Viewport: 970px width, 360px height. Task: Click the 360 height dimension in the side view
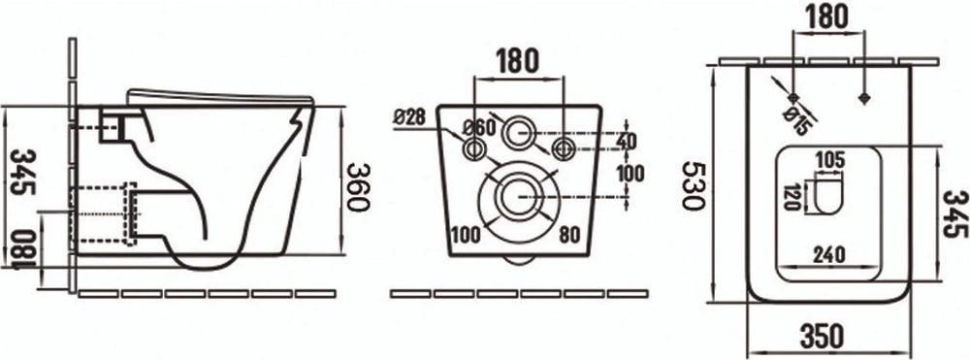click(x=358, y=187)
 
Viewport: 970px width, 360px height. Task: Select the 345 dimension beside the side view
click(x=23, y=172)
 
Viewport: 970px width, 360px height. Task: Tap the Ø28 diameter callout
click(x=409, y=117)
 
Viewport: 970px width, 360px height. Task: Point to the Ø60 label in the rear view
click(x=479, y=128)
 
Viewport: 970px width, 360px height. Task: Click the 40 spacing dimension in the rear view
click(x=626, y=141)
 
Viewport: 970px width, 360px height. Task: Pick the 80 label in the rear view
click(x=569, y=235)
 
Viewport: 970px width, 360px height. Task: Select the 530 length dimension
click(x=694, y=186)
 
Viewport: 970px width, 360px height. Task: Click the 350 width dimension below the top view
click(x=822, y=337)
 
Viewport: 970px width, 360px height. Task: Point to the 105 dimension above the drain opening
click(x=829, y=159)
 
